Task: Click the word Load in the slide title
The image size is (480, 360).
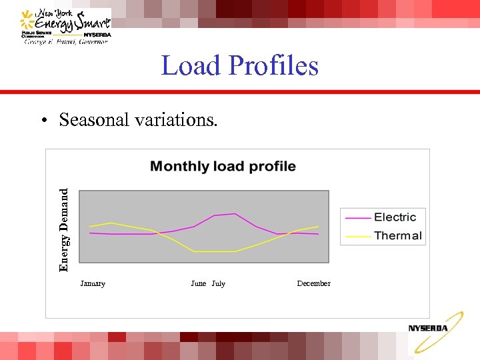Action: pos(191,66)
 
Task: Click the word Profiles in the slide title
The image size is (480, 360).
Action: pos(273,66)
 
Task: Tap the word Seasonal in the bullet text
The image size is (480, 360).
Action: pos(97,119)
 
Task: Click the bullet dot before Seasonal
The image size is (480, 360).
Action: pos(43,121)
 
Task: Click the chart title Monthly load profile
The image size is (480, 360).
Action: pos(223,166)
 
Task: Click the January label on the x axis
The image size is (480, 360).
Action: pos(93,283)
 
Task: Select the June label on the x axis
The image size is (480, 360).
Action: pos(198,283)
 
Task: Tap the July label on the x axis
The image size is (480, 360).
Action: pos(219,283)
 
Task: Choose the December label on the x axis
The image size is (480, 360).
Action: pos(313,283)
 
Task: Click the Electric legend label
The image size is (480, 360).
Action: pos(395,217)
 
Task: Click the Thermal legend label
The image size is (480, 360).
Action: pos(397,235)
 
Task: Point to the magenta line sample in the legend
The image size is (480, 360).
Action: pos(357,217)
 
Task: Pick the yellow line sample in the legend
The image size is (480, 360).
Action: pos(357,236)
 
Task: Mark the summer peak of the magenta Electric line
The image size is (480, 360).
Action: pos(234,214)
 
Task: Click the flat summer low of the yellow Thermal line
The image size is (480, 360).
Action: pos(214,251)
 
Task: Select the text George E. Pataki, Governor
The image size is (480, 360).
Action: pos(65,41)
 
